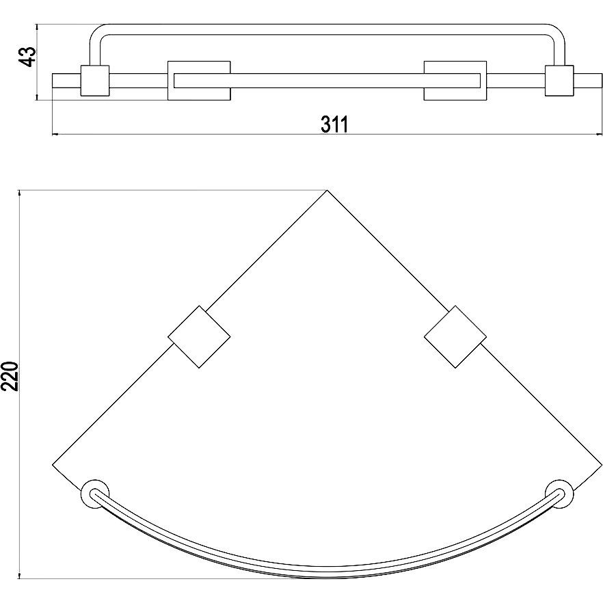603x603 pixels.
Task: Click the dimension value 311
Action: pyautogui.click(x=334, y=124)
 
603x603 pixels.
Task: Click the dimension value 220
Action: pyautogui.click(x=10, y=376)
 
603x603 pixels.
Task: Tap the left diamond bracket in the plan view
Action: pyautogui.click(x=199, y=337)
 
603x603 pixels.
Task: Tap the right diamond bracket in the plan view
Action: pyautogui.click(x=455, y=337)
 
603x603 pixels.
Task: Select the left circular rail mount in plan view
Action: pyautogui.click(x=95, y=494)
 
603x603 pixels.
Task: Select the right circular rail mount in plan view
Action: pyautogui.click(x=559, y=494)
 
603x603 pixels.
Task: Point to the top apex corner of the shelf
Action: pyautogui.click(x=327, y=190)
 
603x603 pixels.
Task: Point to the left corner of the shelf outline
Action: pyautogui.click(x=52, y=465)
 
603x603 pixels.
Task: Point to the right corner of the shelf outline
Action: pyautogui.click(x=602, y=465)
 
